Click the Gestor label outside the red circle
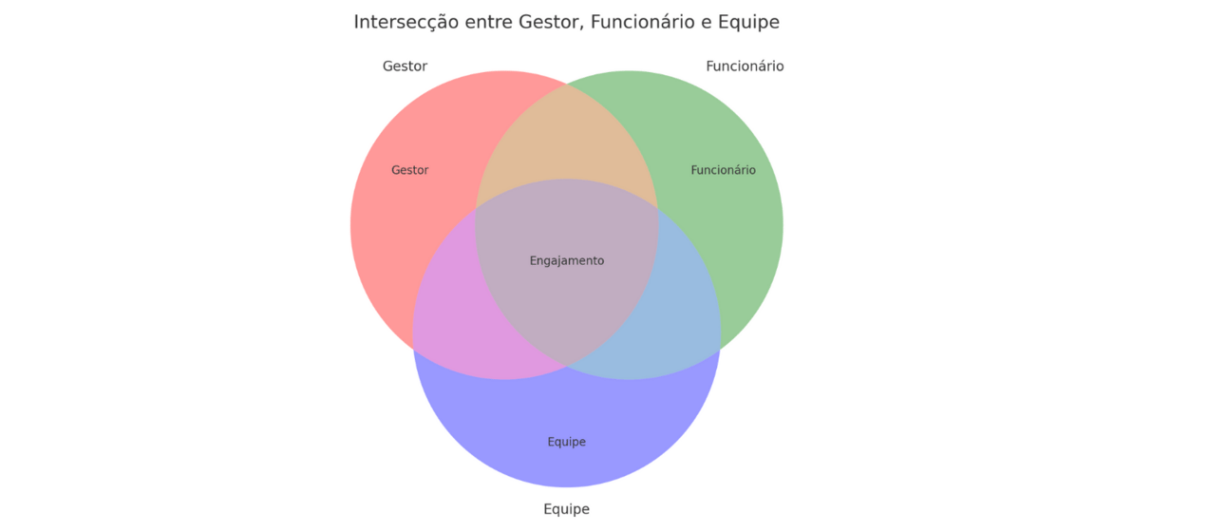405,66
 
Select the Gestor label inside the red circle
410,171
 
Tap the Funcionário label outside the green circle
745,66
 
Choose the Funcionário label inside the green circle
723,171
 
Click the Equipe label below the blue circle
566,509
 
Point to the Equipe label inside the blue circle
566,442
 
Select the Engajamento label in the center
566,261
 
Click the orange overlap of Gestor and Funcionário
566,142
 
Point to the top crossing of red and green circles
567,85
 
